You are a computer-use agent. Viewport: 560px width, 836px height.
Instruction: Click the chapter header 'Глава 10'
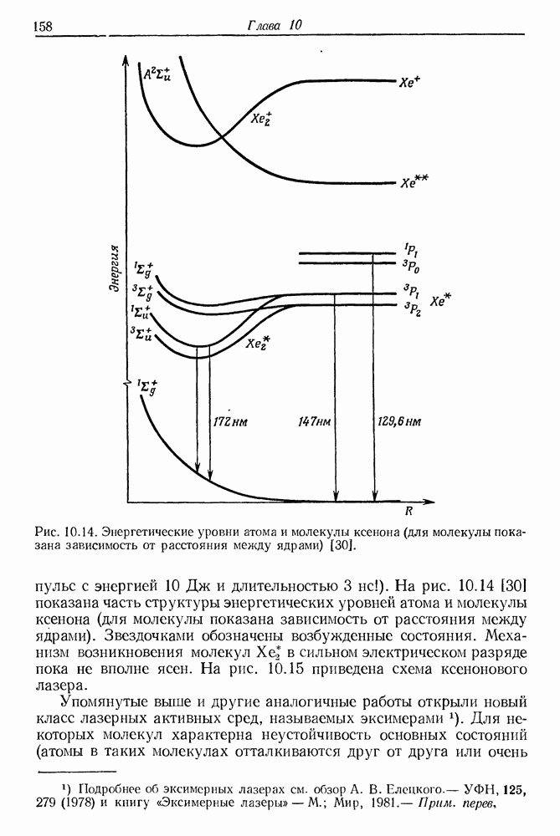[274, 25]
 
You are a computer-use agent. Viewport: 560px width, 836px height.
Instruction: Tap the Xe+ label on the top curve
[409, 82]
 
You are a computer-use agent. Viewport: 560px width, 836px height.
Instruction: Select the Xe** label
[414, 182]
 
